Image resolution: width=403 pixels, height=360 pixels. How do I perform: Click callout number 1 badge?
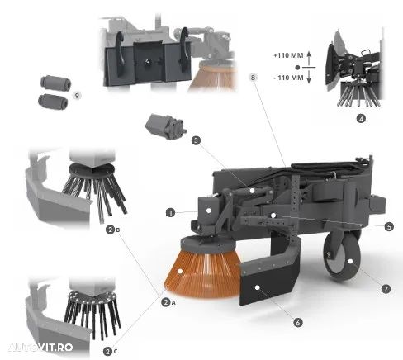click(170, 212)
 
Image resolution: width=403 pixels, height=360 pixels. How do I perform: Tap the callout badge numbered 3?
click(196, 140)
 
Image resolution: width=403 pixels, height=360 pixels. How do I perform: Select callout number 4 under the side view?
click(361, 119)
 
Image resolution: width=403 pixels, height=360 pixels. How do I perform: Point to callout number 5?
click(389, 227)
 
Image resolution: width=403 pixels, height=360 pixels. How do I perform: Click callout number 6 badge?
click(297, 322)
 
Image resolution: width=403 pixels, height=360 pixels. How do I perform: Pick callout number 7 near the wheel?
click(386, 289)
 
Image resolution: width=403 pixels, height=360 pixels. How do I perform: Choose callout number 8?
click(253, 78)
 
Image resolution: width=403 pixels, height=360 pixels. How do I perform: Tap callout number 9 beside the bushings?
click(77, 96)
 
